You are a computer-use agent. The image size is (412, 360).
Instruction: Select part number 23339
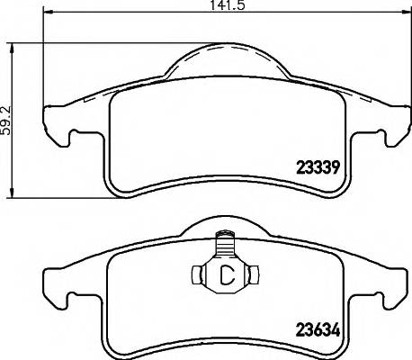pos(318,164)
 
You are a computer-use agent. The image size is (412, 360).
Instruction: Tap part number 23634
pos(318,329)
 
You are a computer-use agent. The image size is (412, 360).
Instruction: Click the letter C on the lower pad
pos(225,275)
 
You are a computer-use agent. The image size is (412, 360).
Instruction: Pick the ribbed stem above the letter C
pos(224,246)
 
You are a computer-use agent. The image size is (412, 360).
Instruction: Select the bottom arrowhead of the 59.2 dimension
pos(10,193)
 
